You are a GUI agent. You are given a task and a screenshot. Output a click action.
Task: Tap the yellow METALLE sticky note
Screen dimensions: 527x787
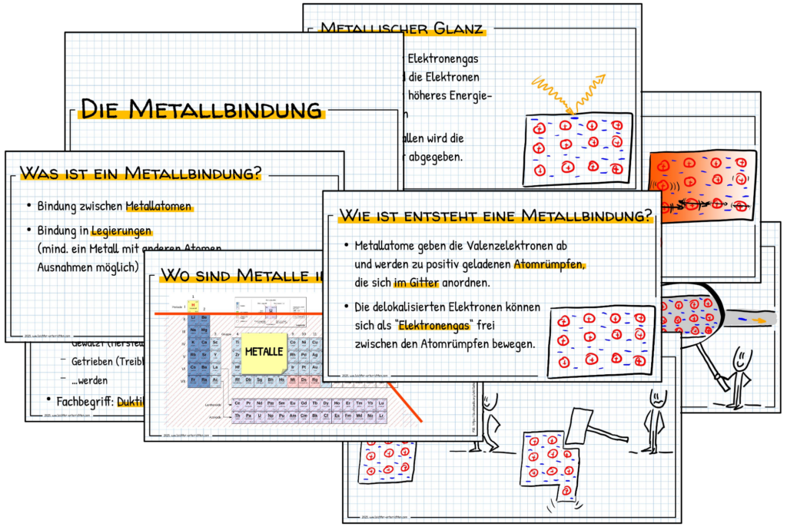click(x=264, y=351)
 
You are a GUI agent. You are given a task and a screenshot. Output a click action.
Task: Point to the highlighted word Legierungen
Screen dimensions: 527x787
click(x=122, y=230)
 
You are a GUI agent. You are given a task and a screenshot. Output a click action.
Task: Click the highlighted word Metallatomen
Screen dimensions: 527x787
click(x=158, y=206)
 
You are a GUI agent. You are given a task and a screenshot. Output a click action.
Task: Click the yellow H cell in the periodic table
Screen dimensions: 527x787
click(x=194, y=305)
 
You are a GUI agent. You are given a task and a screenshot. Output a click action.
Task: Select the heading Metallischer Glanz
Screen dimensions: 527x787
click(x=400, y=29)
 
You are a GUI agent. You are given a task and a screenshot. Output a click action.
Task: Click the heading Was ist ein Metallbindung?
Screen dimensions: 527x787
click(x=140, y=173)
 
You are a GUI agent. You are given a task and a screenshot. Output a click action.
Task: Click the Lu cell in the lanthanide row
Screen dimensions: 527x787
click(x=381, y=403)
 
